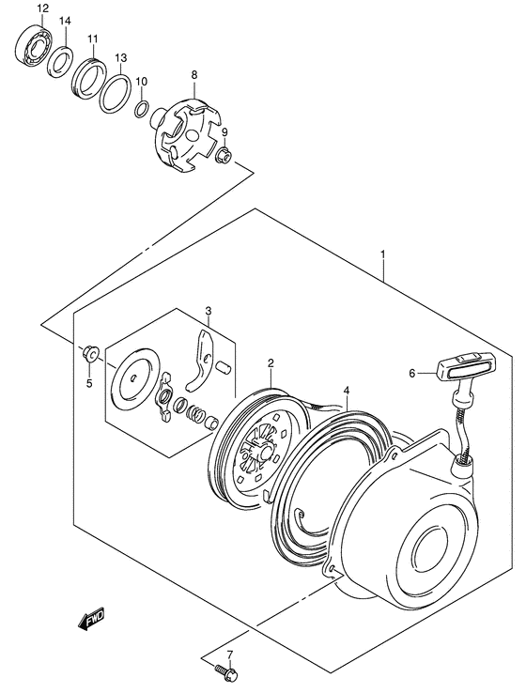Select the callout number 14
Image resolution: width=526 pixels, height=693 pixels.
(64, 21)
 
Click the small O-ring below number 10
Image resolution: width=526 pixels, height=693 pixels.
(141, 111)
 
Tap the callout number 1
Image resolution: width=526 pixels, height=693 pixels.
(382, 254)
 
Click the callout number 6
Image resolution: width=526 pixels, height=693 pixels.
(411, 373)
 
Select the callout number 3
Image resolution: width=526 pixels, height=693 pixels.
(209, 311)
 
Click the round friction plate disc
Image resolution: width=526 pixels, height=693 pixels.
(136, 380)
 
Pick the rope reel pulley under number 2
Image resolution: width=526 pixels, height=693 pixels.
(253, 446)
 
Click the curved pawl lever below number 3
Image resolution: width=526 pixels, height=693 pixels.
(199, 362)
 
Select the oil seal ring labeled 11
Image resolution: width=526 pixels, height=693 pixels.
(91, 74)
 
